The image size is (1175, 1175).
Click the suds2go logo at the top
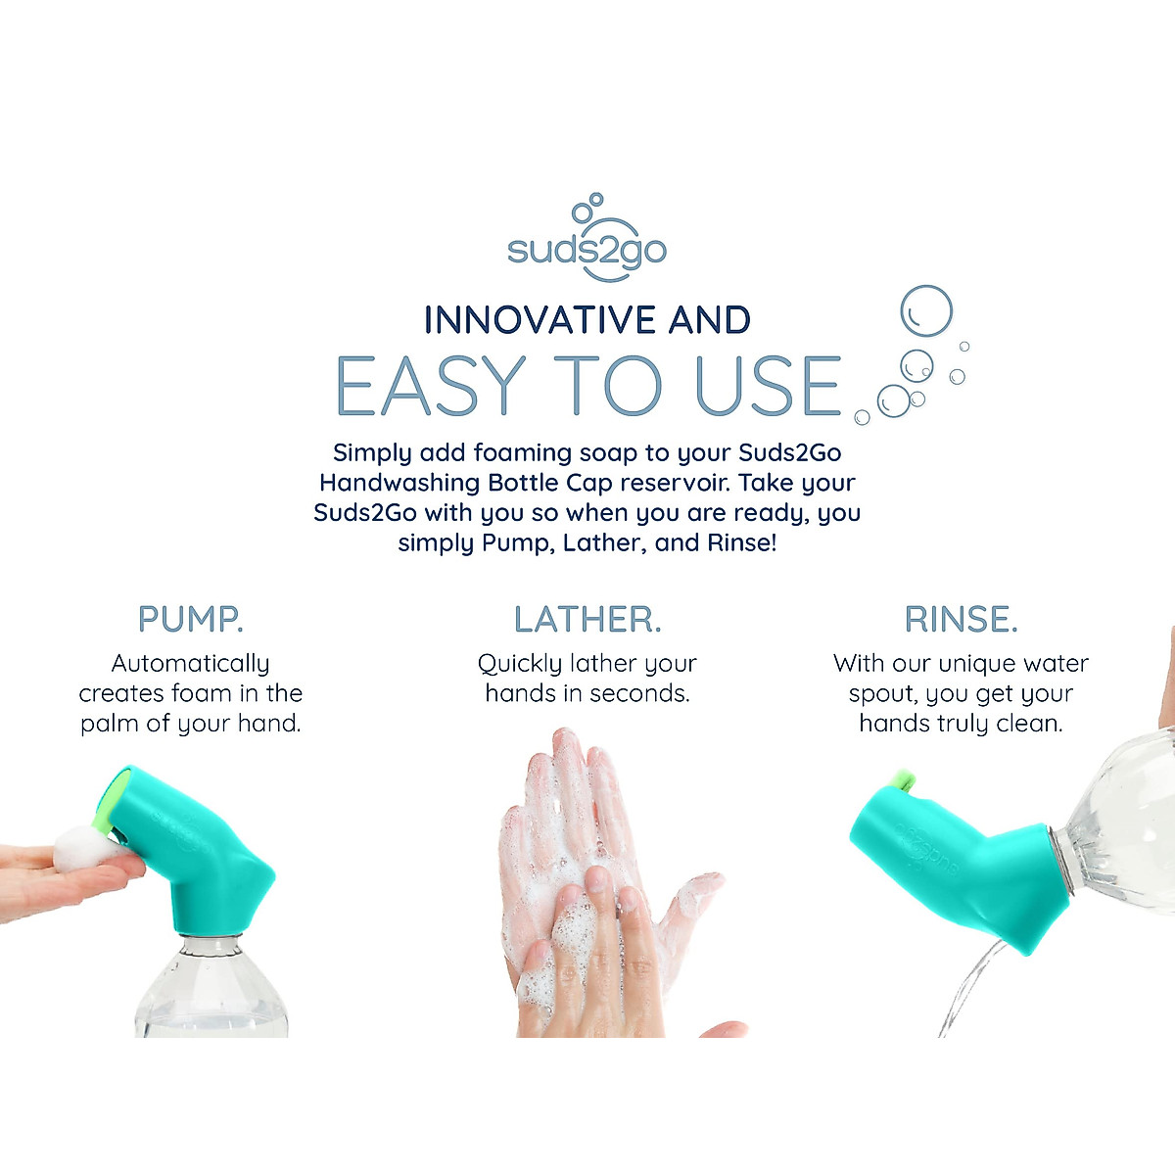[587, 241]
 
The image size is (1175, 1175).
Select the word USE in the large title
[768, 386]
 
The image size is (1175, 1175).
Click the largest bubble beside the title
[925, 310]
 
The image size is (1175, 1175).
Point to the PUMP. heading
[190, 619]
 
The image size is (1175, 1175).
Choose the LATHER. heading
[587, 619]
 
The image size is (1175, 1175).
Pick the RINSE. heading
[961, 619]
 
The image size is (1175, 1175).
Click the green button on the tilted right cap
[903, 780]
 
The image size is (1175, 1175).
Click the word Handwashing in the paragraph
[399, 483]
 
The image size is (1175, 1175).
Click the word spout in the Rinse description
[882, 694]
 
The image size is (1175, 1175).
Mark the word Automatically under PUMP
[190, 664]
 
